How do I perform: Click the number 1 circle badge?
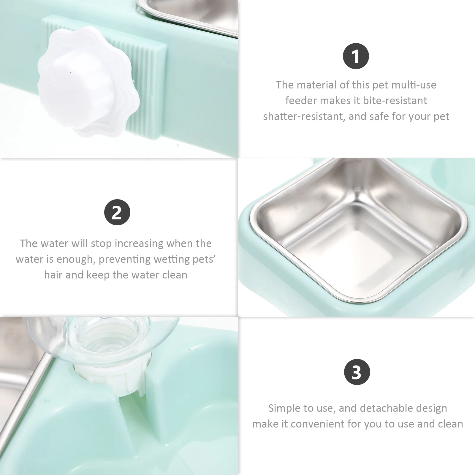pyautogui.click(x=356, y=56)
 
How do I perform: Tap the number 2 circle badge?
pyautogui.click(x=117, y=212)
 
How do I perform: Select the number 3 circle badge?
pyautogui.click(x=357, y=372)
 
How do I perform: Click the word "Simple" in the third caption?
pyautogui.click(x=284, y=408)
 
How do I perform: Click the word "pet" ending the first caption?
pyautogui.click(x=441, y=116)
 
